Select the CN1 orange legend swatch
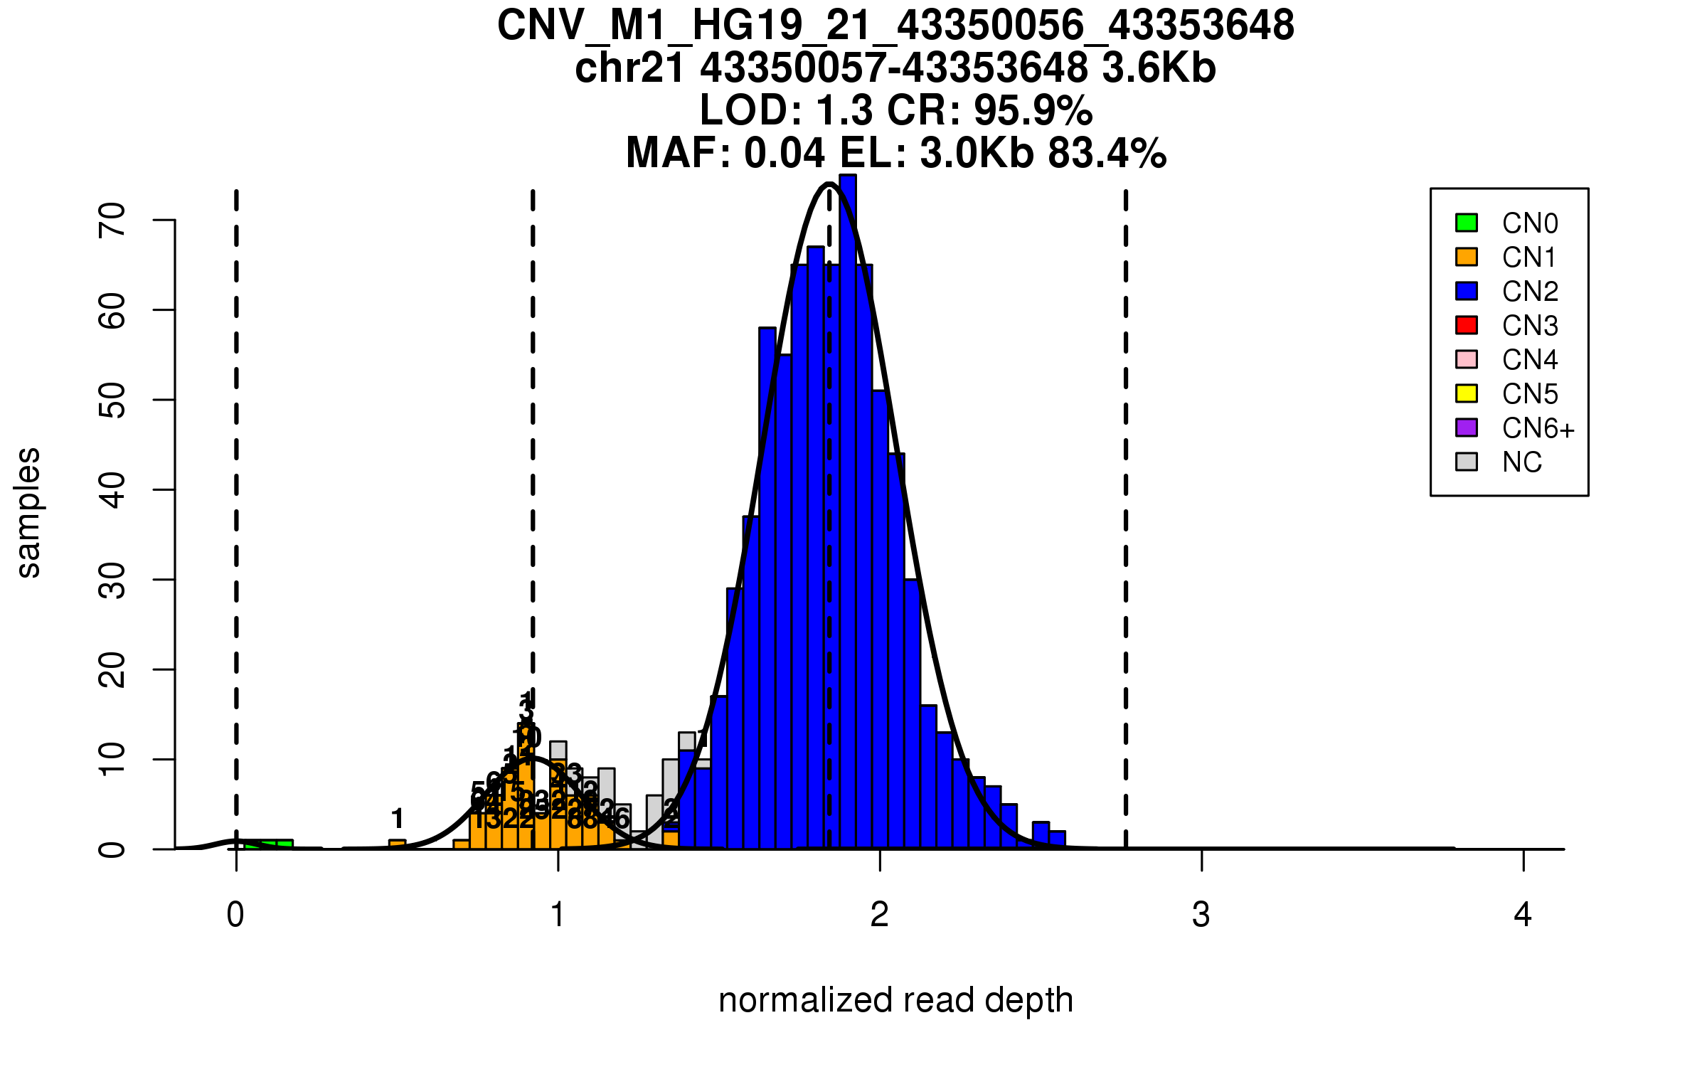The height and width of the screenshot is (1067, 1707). pyautogui.click(x=1467, y=257)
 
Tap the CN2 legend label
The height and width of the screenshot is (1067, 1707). pyautogui.click(x=1530, y=292)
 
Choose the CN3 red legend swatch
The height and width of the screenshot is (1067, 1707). pyautogui.click(x=1467, y=325)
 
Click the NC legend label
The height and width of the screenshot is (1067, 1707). pyautogui.click(x=1522, y=462)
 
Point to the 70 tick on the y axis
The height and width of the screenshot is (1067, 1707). pyautogui.click(x=112, y=220)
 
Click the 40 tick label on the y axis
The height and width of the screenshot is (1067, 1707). pyautogui.click(x=112, y=490)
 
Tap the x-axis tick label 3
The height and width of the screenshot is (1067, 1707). pyautogui.click(x=1201, y=915)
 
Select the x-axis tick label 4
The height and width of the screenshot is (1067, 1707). pyautogui.click(x=1523, y=915)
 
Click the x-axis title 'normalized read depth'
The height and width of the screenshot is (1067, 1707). pyautogui.click(x=895, y=1000)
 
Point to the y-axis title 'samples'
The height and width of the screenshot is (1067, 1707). pyautogui.click(x=28, y=512)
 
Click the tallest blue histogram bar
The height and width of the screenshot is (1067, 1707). pyautogui.click(x=848, y=512)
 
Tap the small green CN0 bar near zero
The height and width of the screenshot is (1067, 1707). pyautogui.click(x=269, y=844)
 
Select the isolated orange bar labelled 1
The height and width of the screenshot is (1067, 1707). pyautogui.click(x=398, y=844)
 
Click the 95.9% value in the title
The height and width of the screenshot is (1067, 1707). pyautogui.click(x=1033, y=110)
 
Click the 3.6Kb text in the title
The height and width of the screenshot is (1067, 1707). pyautogui.click(x=1159, y=68)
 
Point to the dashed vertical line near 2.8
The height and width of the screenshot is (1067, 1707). pyautogui.click(x=1126, y=519)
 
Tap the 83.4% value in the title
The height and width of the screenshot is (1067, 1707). pyautogui.click(x=1107, y=153)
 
